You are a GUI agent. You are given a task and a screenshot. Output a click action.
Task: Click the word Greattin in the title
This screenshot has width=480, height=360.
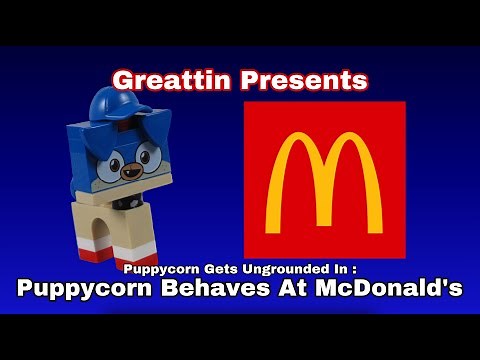tap(164, 79)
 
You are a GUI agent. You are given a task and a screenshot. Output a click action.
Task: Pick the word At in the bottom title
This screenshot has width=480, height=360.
tap(312, 290)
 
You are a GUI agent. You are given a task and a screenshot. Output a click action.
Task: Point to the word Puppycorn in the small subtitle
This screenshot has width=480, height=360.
tap(150, 269)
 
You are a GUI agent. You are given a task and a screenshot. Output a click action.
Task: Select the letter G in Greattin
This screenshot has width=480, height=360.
tap(121, 79)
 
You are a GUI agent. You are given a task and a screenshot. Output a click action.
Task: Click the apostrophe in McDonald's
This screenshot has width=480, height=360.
tap(444, 284)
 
